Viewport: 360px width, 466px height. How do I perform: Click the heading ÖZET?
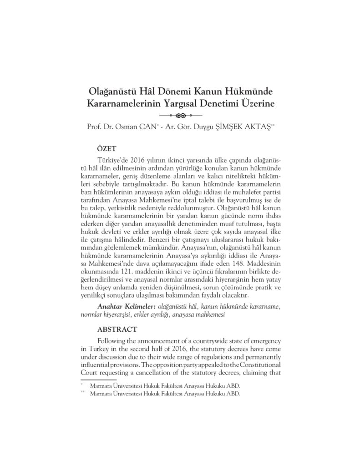point(108,148)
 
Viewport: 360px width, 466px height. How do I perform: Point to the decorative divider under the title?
point(180,115)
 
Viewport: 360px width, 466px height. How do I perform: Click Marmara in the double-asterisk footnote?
point(103,394)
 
